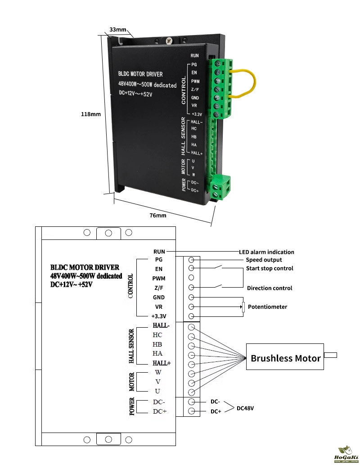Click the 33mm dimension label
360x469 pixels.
click(x=118, y=30)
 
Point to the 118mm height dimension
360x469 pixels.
click(x=90, y=114)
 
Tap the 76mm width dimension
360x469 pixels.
click(x=158, y=216)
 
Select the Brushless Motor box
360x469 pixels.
click(x=285, y=358)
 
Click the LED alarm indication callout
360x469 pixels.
click(x=266, y=252)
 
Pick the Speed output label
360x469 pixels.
click(x=264, y=260)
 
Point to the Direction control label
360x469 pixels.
click(x=270, y=288)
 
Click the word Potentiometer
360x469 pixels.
click(x=267, y=307)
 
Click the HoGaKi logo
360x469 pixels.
click(x=345, y=455)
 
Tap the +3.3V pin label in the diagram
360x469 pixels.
click(x=159, y=316)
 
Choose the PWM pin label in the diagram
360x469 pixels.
click(x=159, y=278)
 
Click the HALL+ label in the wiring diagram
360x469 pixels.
click(x=162, y=363)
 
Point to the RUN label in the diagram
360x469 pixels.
click(x=159, y=252)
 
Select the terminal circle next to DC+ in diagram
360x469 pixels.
click(x=192, y=411)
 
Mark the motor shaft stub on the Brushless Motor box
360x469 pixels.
click(x=330, y=356)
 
